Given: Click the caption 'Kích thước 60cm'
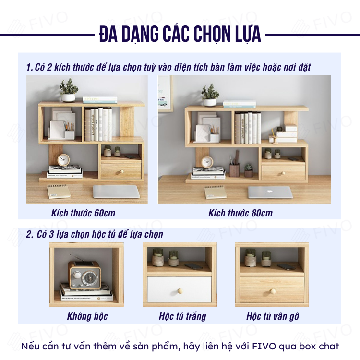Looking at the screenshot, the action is [83, 213].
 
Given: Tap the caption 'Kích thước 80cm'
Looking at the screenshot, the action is [240, 213].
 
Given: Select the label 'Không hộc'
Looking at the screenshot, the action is [87, 316].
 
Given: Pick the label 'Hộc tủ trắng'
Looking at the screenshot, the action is [182, 316].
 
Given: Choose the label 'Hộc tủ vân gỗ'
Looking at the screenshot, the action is [273, 316].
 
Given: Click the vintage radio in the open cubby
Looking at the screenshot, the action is [84, 274].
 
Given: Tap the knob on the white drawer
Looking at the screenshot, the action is [180, 291].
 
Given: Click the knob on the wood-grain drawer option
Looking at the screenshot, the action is [273, 291].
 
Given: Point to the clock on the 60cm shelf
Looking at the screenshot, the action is [63, 160].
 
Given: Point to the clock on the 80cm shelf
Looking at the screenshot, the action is [207, 162].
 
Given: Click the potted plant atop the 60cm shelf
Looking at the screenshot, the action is [69, 90].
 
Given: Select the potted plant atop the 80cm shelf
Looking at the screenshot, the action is [210, 95].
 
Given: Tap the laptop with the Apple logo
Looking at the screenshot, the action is [270, 192].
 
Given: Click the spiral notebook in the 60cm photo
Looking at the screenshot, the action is [59, 192].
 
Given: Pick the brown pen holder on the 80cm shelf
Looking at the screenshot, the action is [234, 169].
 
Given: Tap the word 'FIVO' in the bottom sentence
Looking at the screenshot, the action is [264, 346].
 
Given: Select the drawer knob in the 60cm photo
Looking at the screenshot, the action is [122, 171].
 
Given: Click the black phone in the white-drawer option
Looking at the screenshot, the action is [193, 266].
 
